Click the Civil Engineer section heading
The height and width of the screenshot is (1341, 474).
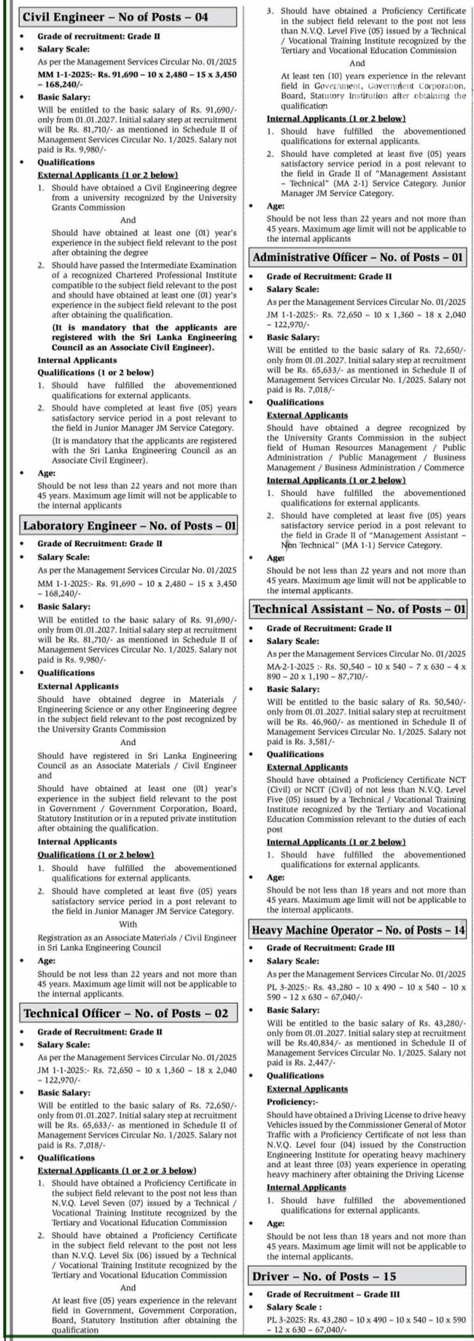click(115, 17)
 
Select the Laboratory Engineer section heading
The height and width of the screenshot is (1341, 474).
click(129, 525)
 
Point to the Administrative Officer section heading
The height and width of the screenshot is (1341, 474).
click(358, 257)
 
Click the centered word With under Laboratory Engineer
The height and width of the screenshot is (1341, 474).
click(128, 924)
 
